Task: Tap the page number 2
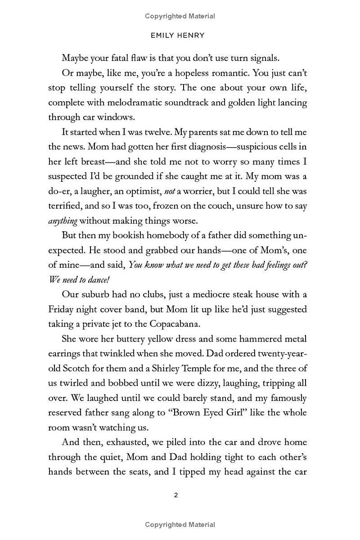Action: pyautogui.click(x=176, y=495)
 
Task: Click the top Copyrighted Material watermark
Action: pyautogui.click(x=180, y=16)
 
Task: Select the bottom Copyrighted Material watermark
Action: pyautogui.click(x=180, y=525)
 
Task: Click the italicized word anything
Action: pyautogui.click(x=63, y=221)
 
